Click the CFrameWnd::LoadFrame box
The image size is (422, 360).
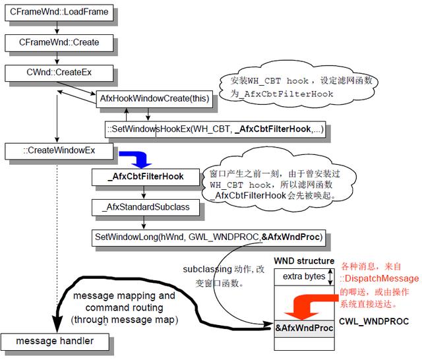click(58, 13)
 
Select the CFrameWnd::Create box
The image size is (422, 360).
click(58, 43)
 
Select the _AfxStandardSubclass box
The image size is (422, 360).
click(146, 207)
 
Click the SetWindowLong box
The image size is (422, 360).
click(208, 237)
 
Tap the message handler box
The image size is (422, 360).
click(55, 342)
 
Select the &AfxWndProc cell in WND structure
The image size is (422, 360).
click(303, 328)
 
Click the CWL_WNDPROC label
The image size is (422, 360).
click(374, 322)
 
